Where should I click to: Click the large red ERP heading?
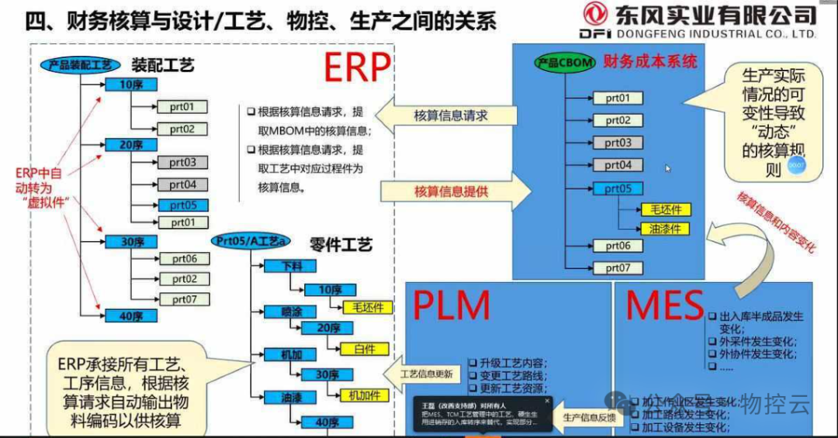click(357, 68)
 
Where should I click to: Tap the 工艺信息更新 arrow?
click(425, 373)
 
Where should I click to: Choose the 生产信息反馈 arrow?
click(587, 418)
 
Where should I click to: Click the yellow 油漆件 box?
click(664, 229)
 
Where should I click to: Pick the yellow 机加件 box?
click(364, 395)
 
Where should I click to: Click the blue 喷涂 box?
click(290, 312)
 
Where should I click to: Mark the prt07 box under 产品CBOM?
click(618, 268)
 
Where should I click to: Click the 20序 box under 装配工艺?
click(131, 143)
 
